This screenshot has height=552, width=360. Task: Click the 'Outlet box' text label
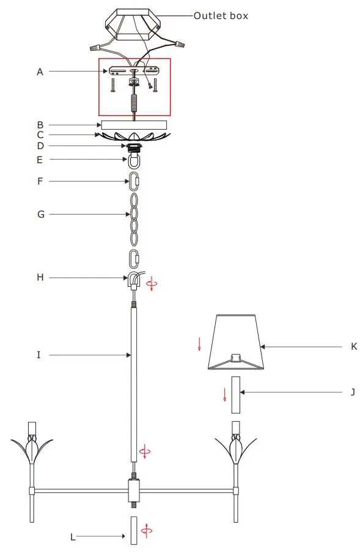(x=221, y=16)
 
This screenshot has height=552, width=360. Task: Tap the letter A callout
(x=40, y=72)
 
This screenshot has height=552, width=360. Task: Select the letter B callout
(x=40, y=124)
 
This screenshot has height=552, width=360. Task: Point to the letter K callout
(x=354, y=347)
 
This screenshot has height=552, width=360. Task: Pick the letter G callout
(x=40, y=215)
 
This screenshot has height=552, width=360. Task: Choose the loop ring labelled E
(x=133, y=162)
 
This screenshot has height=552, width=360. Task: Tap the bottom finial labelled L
(x=133, y=530)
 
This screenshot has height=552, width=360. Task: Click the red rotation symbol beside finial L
(x=145, y=530)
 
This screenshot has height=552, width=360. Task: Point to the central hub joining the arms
(x=134, y=490)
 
